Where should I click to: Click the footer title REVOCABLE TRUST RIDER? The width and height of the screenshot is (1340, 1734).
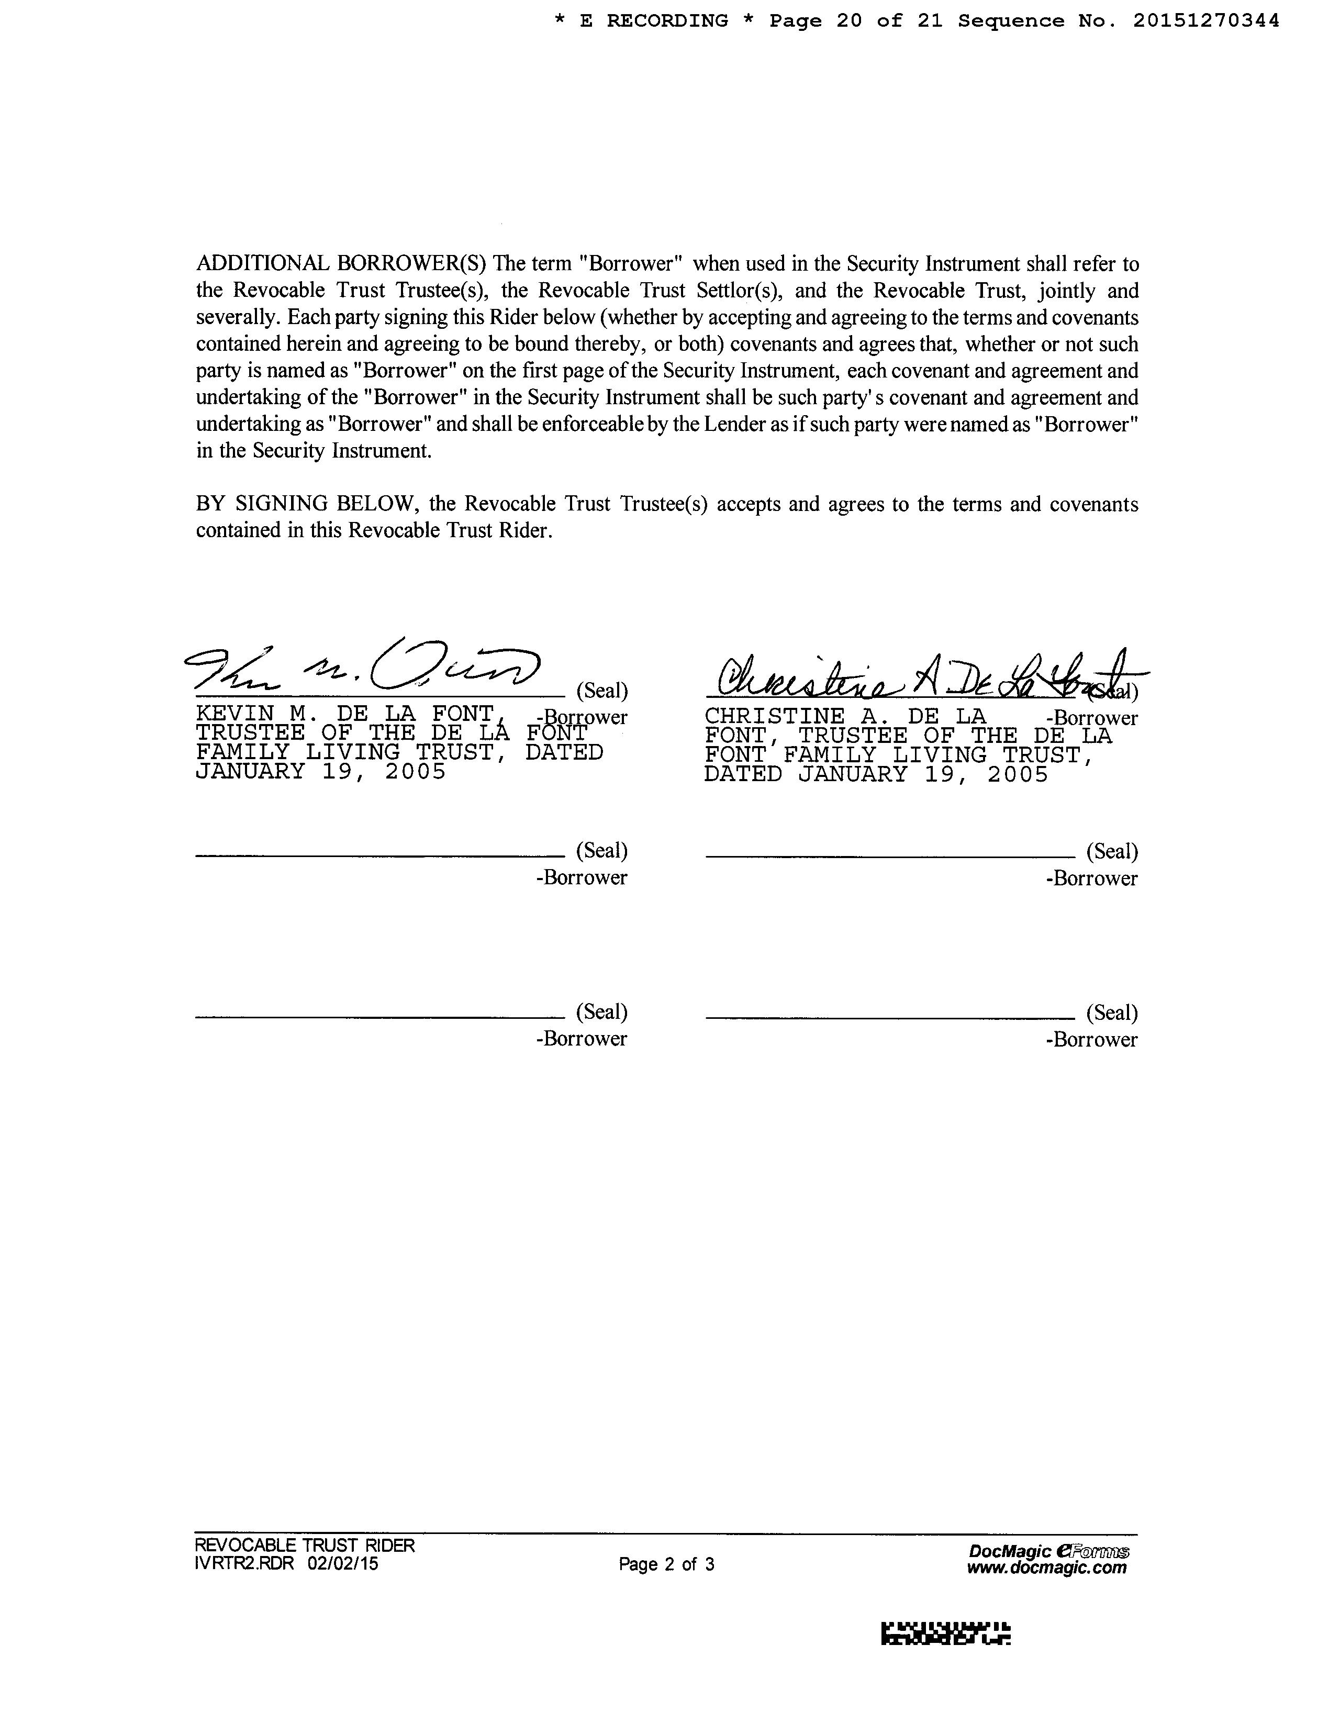pos(305,1545)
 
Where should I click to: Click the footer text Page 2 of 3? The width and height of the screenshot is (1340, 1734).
pos(666,1564)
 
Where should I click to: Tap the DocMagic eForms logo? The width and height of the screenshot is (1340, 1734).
pos(1048,1551)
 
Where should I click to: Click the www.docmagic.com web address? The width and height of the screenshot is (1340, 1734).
pos(1046,1568)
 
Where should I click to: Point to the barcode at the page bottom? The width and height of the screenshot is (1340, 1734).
pos(945,1633)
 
